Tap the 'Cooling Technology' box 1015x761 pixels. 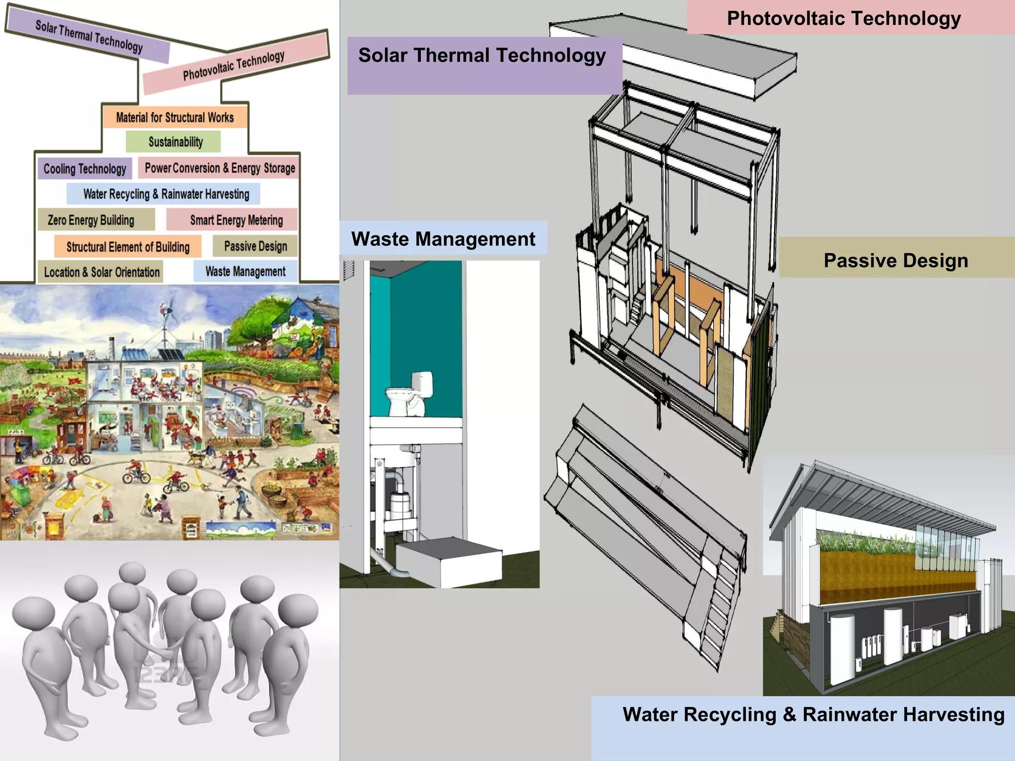[x=85, y=169]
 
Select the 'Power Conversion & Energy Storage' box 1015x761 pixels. [x=220, y=168]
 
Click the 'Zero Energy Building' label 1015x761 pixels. [x=91, y=220]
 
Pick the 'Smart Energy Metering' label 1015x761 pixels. [x=236, y=220]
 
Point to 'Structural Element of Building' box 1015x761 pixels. [x=128, y=247]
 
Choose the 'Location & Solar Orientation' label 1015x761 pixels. [x=102, y=272]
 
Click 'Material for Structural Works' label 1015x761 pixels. [x=174, y=117]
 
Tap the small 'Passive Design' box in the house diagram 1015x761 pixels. [x=255, y=246]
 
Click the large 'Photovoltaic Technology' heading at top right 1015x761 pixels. [x=844, y=18]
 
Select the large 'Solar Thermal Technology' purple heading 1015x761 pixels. [x=482, y=55]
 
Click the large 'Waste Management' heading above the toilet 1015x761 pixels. [x=443, y=239]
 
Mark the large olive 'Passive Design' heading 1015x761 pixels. [x=896, y=260]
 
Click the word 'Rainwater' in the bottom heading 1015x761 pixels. [x=847, y=714]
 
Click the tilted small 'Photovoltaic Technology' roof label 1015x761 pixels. [x=234, y=65]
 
